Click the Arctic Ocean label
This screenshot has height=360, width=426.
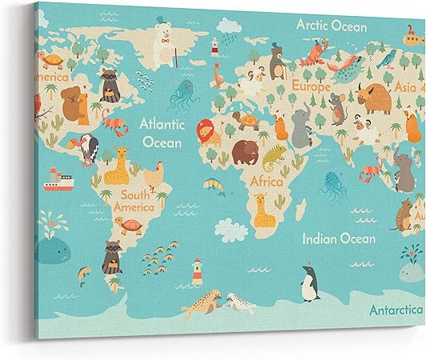pyautogui.click(x=331, y=25)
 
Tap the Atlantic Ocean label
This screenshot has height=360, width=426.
pyautogui.click(x=162, y=132)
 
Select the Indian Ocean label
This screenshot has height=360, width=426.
pyautogui.click(x=339, y=238)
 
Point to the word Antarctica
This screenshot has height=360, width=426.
pyautogui.click(x=396, y=309)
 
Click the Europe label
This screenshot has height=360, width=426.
pyautogui.click(x=311, y=85)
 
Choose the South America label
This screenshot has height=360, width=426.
pyautogui.click(x=134, y=200)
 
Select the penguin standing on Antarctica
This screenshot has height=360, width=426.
pyautogui.click(x=309, y=283)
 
